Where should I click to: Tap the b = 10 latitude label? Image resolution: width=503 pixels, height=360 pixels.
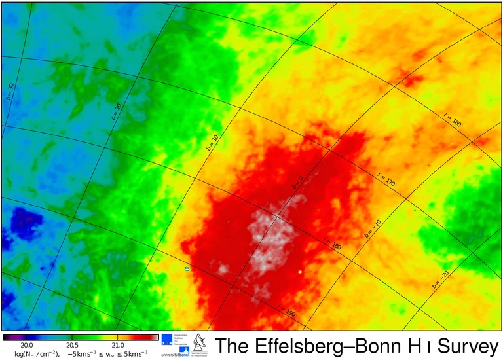click(x=212, y=143)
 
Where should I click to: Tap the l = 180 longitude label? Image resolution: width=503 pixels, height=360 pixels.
click(x=332, y=243)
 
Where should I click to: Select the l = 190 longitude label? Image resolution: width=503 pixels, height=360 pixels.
click(x=286, y=311)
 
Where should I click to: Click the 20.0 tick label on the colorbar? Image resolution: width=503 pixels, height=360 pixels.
click(x=26, y=345)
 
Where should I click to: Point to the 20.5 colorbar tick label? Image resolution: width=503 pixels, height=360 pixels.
click(x=71, y=345)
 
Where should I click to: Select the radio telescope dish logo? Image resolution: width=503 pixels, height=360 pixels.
click(x=198, y=342)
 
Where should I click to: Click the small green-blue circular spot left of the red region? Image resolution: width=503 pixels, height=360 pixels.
click(x=187, y=268)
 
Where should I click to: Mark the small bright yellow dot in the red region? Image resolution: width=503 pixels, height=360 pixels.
click(x=300, y=271)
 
